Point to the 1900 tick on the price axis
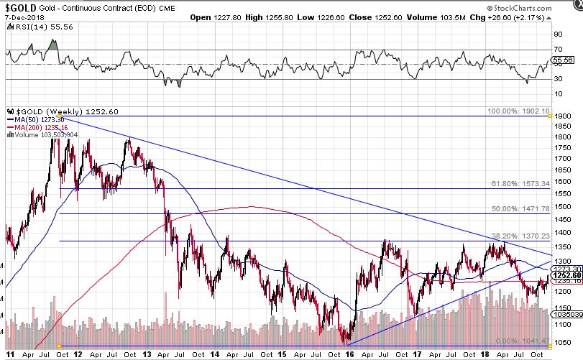(562, 116)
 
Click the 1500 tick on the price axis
(562, 206)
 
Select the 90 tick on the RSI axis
(557, 33)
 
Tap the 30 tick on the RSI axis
(557, 79)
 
